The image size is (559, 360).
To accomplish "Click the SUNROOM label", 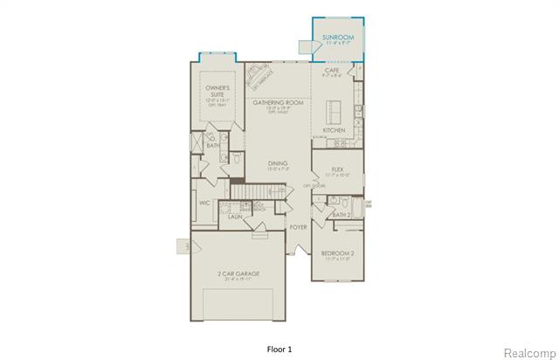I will (x=337, y=38).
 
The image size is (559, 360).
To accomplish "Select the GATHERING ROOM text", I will (x=277, y=103).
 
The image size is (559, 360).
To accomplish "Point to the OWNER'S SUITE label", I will (x=217, y=89).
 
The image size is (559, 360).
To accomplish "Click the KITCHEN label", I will (x=334, y=130).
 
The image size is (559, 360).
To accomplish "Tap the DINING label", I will (x=278, y=163).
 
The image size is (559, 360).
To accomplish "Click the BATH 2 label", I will (x=341, y=213).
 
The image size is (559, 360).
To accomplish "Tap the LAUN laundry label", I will (x=235, y=218).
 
